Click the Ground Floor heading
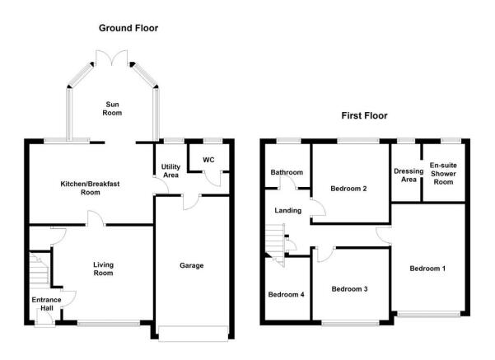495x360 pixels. (x=128, y=28)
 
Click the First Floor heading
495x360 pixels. (x=364, y=115)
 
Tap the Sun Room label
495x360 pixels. (x=112, y=109)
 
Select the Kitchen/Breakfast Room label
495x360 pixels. (x=90, y=188)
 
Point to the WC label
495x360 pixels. (x=208, y=160)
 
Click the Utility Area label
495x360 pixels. (x=170, y=171)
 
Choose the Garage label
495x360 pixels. (x=192, y=265)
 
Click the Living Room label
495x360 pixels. (x=103, y=269)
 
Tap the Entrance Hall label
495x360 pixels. (x=46, y=304)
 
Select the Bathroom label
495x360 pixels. (x=287, y=172)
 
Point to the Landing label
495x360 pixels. (x=288, y=210)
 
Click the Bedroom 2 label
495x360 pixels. (x=348, y=189)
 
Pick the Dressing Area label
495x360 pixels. (x=409, y=175)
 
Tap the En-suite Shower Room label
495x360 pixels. (x=443, y=174)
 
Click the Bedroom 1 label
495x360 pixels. (x=427, y=269)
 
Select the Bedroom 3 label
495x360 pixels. (x=349, y=289)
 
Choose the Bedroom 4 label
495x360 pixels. (x=286, y=295)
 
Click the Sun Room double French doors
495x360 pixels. (x=112, y=58)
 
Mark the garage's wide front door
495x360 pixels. (x=194, y=334)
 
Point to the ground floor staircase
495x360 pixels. (x=40, y=269)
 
